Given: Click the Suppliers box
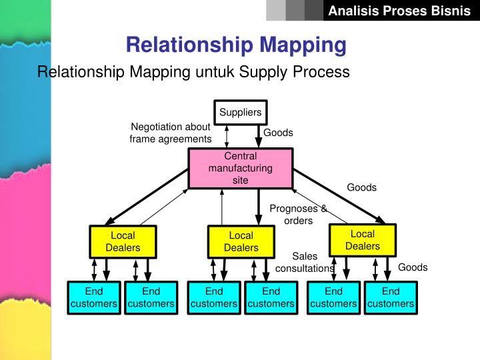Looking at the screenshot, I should pyautogui.click(x=240, y=112).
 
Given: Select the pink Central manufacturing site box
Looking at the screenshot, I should pyautogui.click(x=241, y=168).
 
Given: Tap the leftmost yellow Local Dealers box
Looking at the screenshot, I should pyautogui.click(x=123, y=241).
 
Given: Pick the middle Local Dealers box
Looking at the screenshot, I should pyautogui.click(x=241, y=241).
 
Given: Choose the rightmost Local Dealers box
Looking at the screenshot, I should pyautogui.click(x=363, y=240).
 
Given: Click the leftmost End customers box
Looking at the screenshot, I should pyautogui.click(x=94, y=297).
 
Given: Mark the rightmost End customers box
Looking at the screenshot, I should pyautogui.click(x=391, y=297).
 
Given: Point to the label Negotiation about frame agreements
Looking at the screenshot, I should pyautogui.click(x=171, y=133).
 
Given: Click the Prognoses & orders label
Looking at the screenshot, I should pyautogui.click(x=298, y=215).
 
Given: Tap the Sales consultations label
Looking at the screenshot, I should pyautogui.click(x=305, y=262).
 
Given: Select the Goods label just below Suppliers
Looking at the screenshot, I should pyautogui.click(x=278, y=133).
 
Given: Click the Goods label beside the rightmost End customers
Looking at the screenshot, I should pyautogui.click(x=413, y=267).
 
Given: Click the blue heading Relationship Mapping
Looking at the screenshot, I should pyautogui.click(x=236, y=45).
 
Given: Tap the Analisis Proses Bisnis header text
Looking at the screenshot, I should pyautogui.click(x=399, y=11).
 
